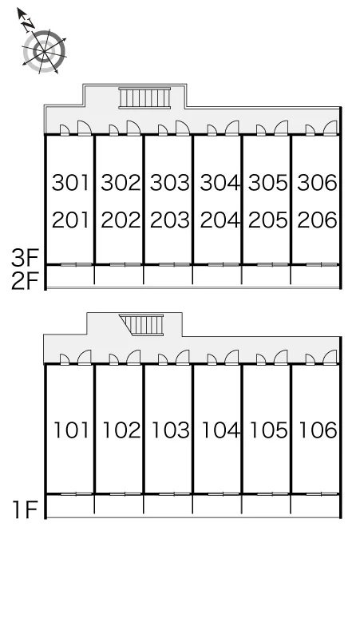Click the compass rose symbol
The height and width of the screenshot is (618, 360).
point(44,51)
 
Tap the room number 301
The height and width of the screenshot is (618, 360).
point(71,183)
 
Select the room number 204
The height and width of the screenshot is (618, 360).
point(220,220)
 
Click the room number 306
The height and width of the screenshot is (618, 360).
point(317,183)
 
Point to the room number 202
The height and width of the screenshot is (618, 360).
point(121,220)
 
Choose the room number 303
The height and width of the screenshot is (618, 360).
point(170,183)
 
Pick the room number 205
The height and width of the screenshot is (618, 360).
point(268,220)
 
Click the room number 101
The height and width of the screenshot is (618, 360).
point(71,430)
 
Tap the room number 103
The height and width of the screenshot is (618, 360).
point(170,430)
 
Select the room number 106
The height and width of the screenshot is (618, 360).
point(318,430)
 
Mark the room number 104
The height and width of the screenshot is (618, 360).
point(220,430)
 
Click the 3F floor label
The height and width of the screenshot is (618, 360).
point(25,259)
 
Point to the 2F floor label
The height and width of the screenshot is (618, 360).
point(25,281)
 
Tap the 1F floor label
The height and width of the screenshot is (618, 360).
point(25,509)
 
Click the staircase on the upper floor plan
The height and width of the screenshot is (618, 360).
point(145,97)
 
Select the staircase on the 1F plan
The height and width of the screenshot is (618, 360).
point(142,325)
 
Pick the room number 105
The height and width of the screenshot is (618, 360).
point(269,430)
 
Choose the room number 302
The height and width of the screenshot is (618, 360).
point(121,183)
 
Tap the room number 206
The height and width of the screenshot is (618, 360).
point(317,220)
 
